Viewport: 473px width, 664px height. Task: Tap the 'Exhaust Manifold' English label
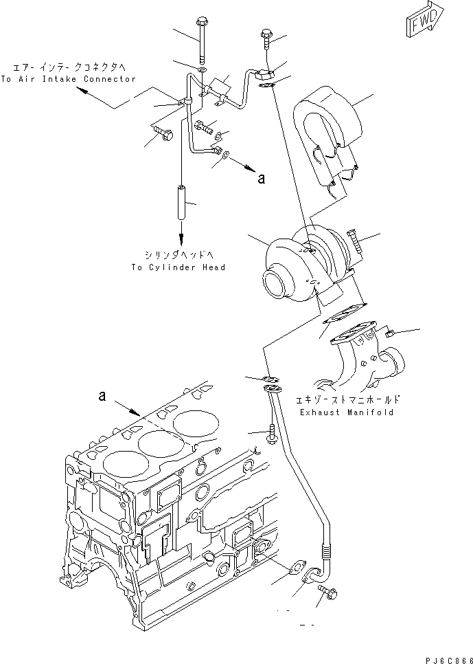[x=346, y=412]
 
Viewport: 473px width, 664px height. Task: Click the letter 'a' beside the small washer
[x=260, y=179]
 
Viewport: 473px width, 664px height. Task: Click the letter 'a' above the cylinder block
[x=102, y=397]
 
